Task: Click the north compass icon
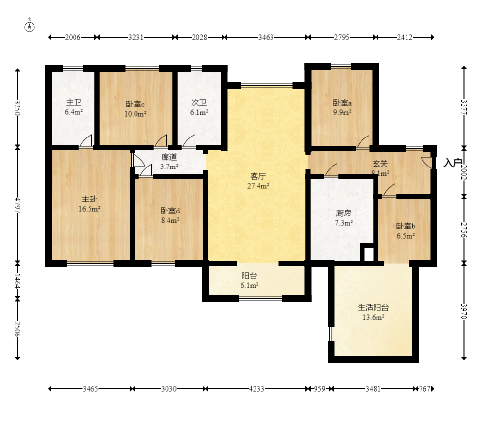coord(30,27)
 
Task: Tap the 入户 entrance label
coord(453,163)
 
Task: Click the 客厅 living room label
coord(258,176)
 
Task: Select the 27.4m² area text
coord(258,186)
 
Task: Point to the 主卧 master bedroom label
coord(89,198)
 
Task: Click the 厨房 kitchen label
coord(344,213)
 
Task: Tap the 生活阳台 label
coord(373,307)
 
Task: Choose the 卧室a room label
coord(343,103)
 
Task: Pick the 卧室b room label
coord(406,226)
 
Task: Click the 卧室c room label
coord(135,104)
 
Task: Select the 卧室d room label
coord(170,211)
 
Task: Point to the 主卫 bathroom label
coord(74,102)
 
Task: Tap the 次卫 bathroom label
coord(199,103)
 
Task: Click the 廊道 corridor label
coord(169,157)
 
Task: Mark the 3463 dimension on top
coord(266,38)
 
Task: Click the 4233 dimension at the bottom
coord(256,389)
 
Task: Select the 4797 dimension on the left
coord(17,205)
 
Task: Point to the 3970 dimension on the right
coord(464,311)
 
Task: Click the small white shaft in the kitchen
coord(369,254)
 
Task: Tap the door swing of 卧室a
coord(363,141)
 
